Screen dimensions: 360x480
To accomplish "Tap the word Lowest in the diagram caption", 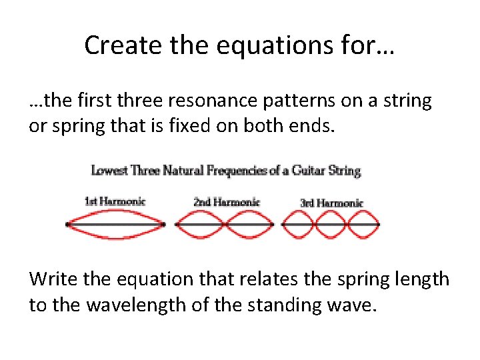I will click(x=110, y=171).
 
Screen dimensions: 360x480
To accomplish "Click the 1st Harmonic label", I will click(x=115, y=201).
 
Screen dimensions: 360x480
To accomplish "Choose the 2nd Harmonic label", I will click(x=225, y=201).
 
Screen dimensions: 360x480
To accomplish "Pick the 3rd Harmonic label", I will click(x=331, y=203).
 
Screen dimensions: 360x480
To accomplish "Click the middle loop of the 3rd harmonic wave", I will click(x=331, y=225).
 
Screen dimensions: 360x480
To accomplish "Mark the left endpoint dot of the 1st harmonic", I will click(x=67, y=225).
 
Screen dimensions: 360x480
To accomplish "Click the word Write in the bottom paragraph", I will click(x=51, y=279).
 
